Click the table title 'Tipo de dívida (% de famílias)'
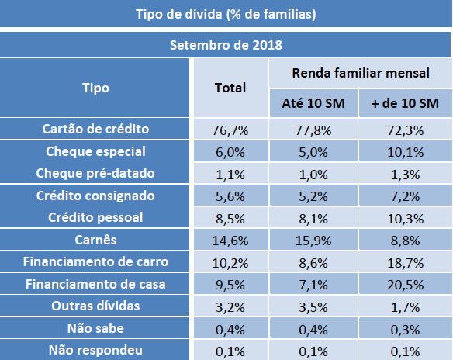coord(226,14)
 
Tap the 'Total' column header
coord(230,88)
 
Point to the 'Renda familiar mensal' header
coord(360,73)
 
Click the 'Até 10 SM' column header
coord(313,103)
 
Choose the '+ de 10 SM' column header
coord(405,103)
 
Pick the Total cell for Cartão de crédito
coord(230,129)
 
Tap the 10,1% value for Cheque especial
coord(405,151)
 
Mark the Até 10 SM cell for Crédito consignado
coord(313,196)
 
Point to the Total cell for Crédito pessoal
coord(230,217)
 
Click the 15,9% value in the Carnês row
coord(313,240)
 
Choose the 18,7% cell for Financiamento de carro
coord(405,261)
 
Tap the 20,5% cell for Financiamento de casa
coord(405,284)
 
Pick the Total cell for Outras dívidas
coord(230,306)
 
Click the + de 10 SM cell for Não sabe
coord(405,328)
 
